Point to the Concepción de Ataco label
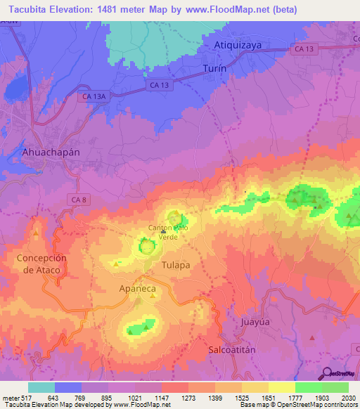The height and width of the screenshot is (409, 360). [41, 264]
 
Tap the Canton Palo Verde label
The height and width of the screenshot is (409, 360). [168, 232]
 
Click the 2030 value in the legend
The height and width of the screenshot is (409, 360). [348, 398]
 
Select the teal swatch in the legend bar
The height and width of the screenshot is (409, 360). [41, 387]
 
